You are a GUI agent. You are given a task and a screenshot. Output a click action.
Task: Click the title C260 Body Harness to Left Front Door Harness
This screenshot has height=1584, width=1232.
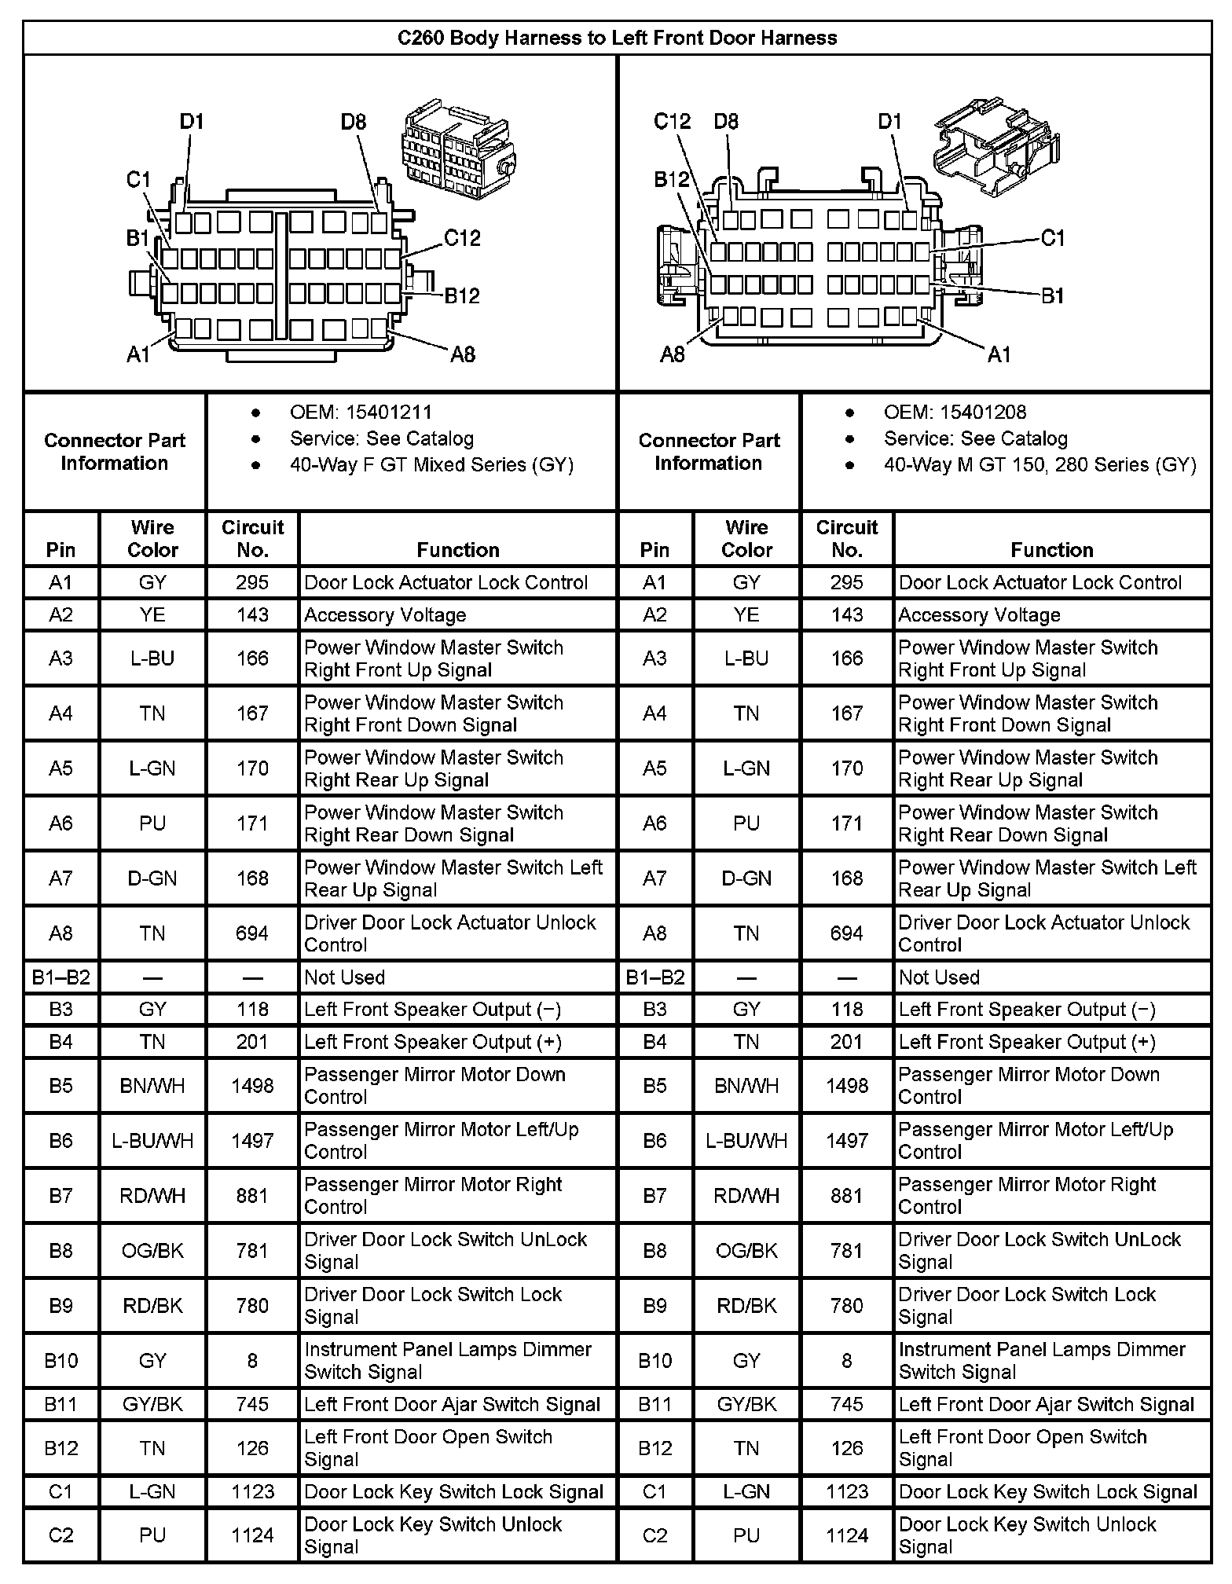(617, 38)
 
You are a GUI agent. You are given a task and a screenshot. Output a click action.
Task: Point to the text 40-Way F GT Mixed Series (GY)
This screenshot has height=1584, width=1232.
(431, 465)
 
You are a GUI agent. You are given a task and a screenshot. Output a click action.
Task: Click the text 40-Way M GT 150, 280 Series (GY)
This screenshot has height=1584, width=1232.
(1039, 465)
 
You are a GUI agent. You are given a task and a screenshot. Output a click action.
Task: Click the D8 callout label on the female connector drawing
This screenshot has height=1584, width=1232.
(354, 122)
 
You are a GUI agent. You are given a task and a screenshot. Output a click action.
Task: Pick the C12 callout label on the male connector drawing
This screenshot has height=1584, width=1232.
(672, 122)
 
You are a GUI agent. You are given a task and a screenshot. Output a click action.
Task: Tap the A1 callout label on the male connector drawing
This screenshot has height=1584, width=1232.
(999, 355)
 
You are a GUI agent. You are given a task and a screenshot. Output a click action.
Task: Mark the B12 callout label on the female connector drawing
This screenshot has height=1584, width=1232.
(462, 296)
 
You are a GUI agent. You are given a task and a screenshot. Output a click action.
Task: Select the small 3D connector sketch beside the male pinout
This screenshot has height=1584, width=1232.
(996, 145)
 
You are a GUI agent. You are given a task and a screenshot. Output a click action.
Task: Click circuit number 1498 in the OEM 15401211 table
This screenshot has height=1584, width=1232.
(252, 1085)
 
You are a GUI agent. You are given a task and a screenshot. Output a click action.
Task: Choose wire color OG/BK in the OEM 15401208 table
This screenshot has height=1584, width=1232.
(746, 1250)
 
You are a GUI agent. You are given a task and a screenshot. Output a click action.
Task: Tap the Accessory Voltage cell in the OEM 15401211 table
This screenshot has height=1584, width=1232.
(385, 615)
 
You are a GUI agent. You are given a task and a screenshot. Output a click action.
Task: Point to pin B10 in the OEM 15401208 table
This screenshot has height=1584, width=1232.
(654, 1360)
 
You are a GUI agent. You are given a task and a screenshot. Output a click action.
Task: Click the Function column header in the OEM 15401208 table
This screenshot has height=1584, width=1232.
(1052, 550)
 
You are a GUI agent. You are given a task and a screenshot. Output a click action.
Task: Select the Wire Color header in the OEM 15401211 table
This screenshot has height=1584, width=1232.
(152, 538)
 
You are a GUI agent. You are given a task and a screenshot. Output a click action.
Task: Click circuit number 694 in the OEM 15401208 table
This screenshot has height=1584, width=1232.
(846, 933)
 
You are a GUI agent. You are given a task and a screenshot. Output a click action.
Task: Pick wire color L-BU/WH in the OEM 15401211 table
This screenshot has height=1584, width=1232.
(152, 1140)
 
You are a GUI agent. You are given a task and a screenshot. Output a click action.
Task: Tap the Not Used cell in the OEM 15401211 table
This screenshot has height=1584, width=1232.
(344, 977)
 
